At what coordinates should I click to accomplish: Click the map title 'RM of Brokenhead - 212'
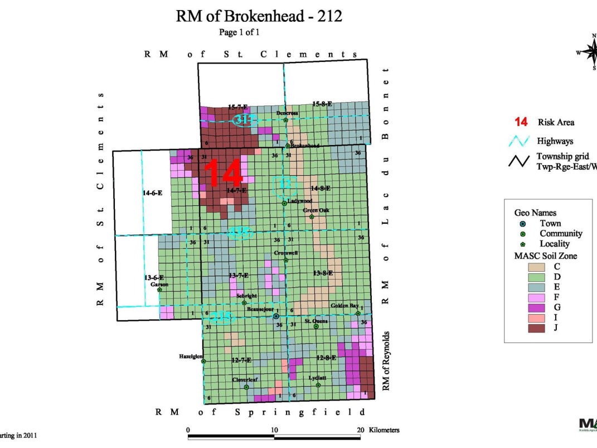pos(259,17)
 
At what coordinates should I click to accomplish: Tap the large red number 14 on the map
pos(224,174)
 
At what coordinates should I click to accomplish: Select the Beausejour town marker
pos(276,316)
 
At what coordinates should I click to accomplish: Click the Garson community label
pos(159,284)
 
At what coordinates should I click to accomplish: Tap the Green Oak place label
pos(316,210)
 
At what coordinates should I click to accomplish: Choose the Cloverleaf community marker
pos(246,387)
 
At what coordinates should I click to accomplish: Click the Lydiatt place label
pos(317,378)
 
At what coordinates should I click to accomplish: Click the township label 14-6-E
pos(152,193)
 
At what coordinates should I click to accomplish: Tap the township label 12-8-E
pos(326,358)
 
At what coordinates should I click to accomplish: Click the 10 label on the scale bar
pos(274,430)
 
